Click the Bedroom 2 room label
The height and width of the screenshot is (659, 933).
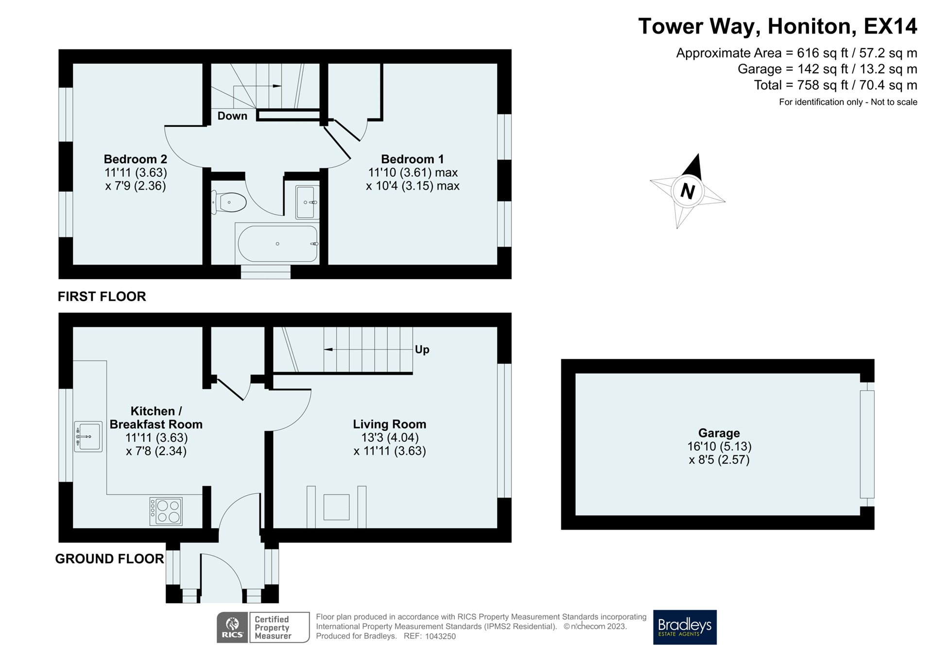click(x=136, y=159)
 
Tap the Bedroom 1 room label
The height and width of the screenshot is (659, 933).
click(x=413, y=159)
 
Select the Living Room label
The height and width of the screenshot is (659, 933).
click(x=390, y=424)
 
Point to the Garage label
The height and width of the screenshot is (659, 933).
click(x=719, y=433)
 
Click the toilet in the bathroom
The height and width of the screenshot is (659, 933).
click(x=229, y=202)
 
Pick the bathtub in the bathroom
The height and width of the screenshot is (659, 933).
click(x=277, y=244)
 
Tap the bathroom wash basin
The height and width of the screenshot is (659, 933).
click(x=307, y=202)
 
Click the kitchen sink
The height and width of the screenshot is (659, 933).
click(x=88, y=437)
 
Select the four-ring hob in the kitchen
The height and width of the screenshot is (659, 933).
click(x=166, y=511)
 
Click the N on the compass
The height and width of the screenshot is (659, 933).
click(x=687, y=191)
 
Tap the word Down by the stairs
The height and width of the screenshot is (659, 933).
click(x=232, y=116)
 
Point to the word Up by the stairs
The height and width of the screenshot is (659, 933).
click(x=422, y=350)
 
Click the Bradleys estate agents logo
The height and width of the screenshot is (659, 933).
click(x=685, y=627)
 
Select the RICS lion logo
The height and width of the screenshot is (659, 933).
click(x=233, y=627)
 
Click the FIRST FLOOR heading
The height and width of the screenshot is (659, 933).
click(x=102, y=297)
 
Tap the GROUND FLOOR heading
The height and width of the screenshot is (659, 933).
click(x=109, y=559)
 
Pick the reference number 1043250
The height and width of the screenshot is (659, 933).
click(x=440, y=637)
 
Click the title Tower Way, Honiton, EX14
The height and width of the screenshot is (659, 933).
click(x=777, y=26)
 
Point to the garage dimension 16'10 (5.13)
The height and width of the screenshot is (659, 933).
click(x=719, y=446)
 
